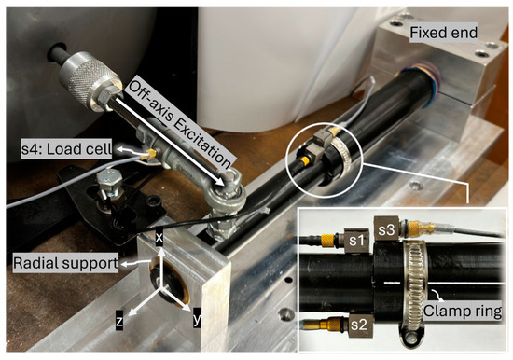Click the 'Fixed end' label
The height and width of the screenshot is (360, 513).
[x=443, y=33]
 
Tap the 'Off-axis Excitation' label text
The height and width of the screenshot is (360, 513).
[x=180, y=124]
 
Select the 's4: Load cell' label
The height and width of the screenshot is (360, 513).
[x=66, y=149]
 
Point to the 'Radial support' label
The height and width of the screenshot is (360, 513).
[x=65, y=263]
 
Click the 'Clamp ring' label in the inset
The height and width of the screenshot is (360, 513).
[x=463, y=311]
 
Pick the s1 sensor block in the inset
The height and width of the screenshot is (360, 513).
[x=356, y=241]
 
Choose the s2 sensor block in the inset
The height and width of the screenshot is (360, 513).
[x=359, y=325]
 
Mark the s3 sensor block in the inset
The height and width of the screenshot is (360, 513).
[x=387, y=229]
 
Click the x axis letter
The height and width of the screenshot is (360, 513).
[x=159, y=238]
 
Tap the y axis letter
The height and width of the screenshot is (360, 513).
[x=197, y=318]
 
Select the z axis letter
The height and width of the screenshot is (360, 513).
[x=119, y=321]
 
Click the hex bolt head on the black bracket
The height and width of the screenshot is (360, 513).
[x=110, y=180]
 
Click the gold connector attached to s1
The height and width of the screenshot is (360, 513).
[x=328, y=241]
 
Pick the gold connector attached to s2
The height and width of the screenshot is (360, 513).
[x=330, y=325]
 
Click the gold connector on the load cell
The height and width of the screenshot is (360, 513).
[x=151, y=153]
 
